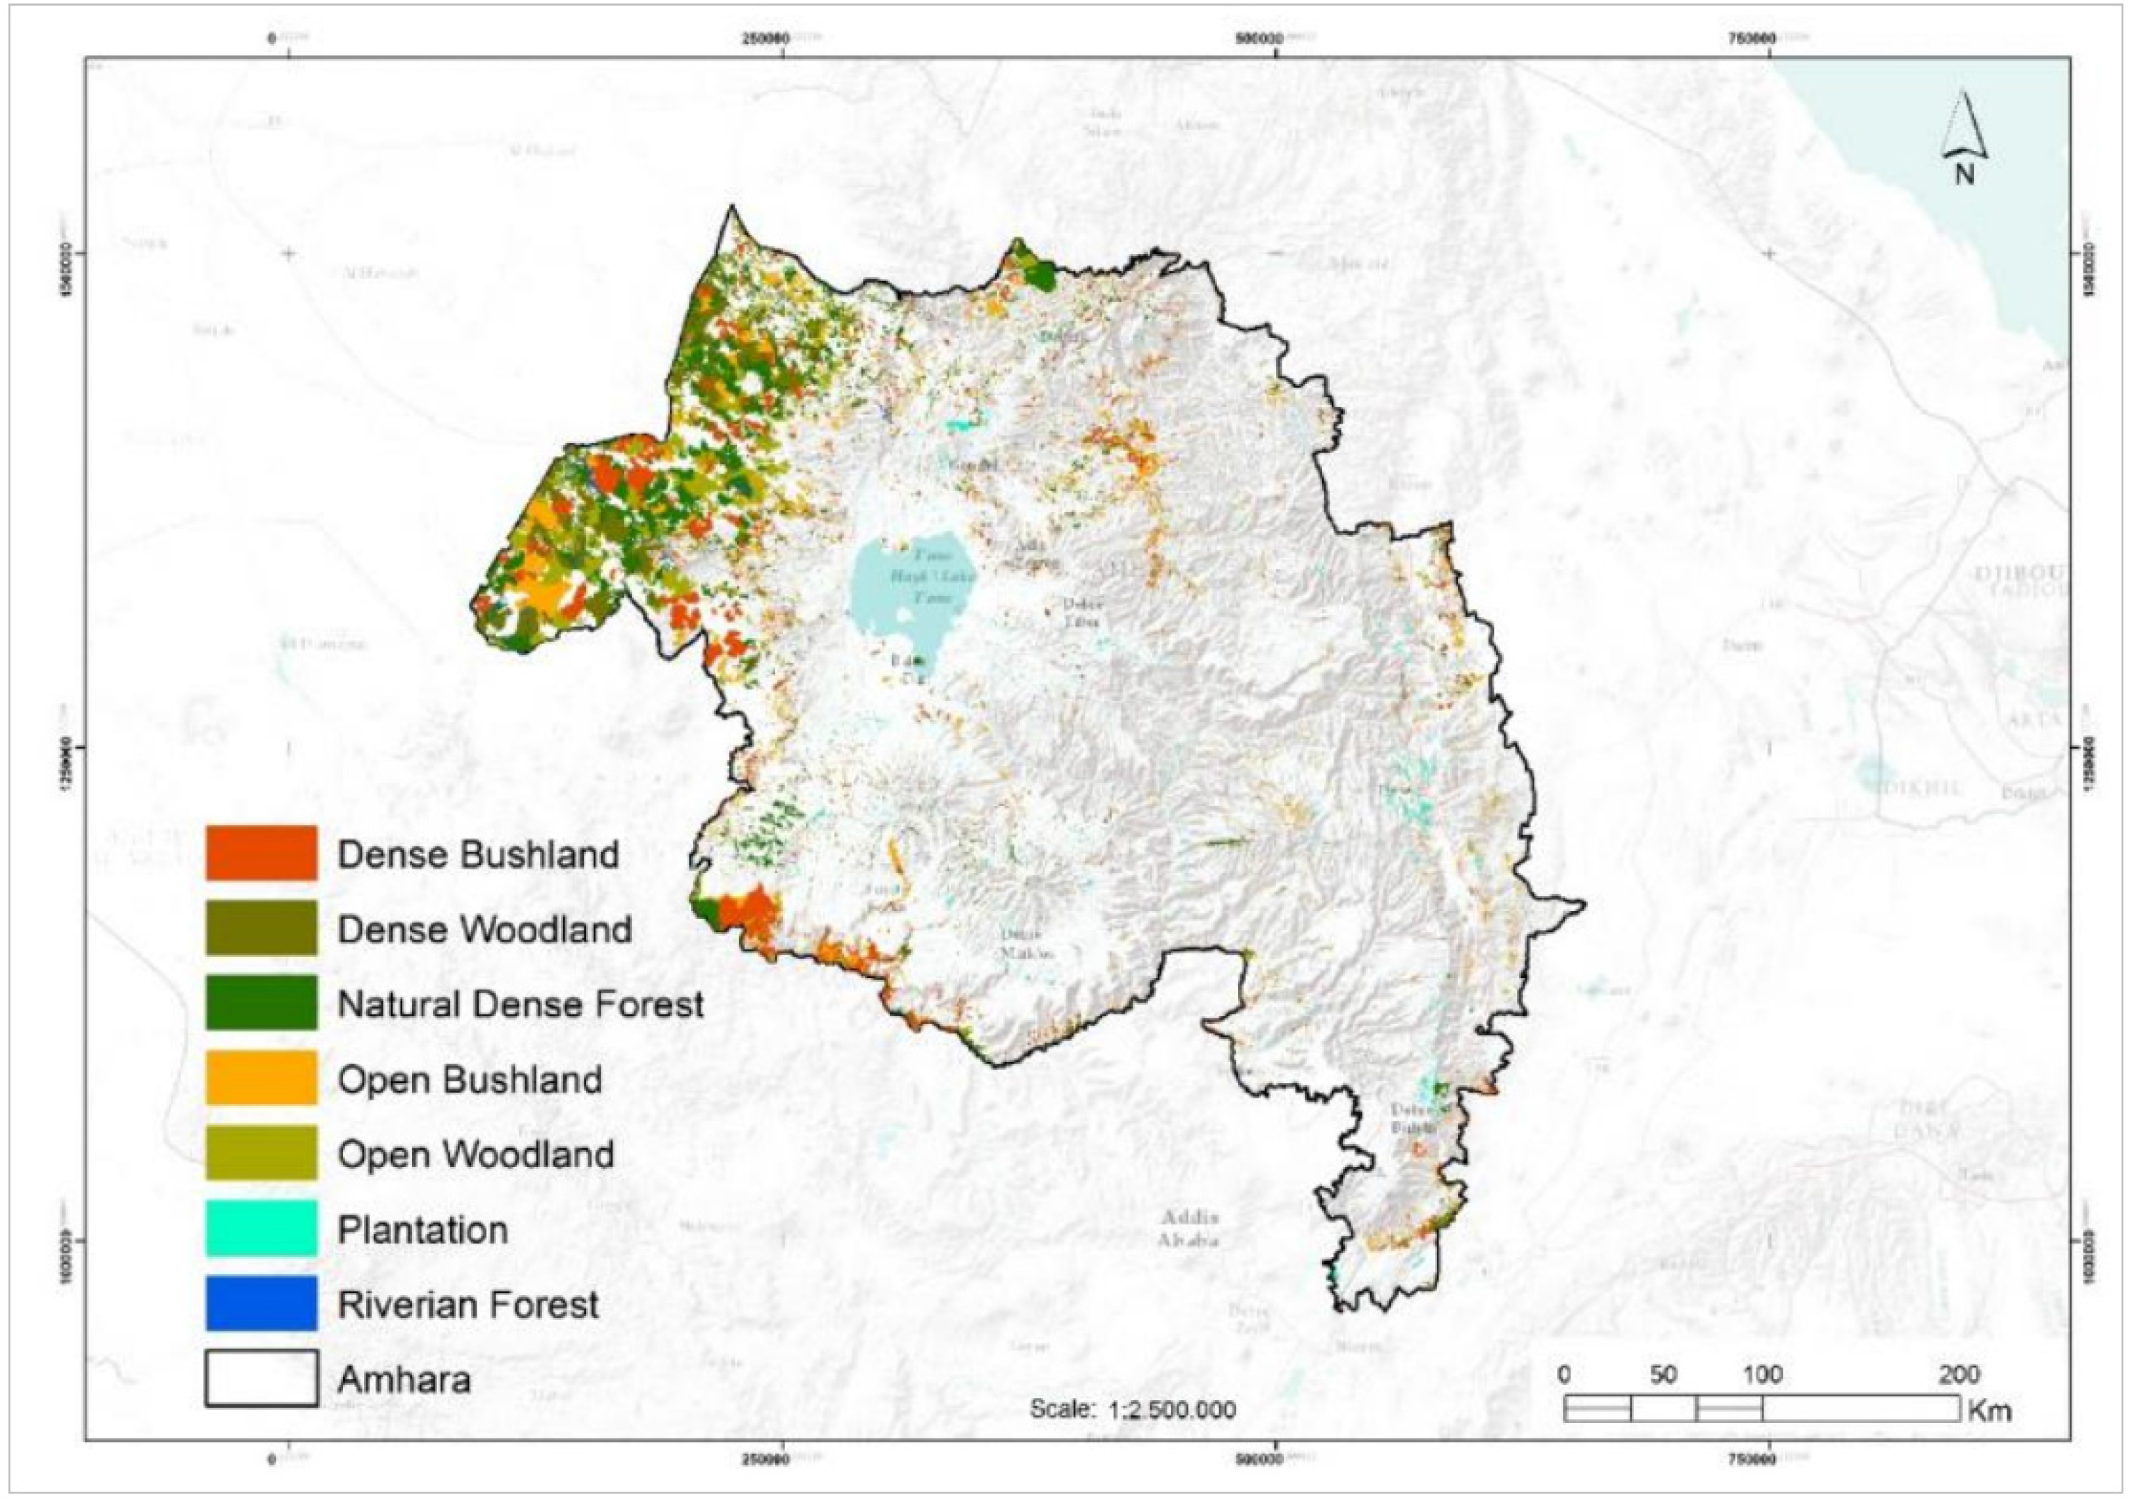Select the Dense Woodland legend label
click(484, 929)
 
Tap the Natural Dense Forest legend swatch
click(262, 1002)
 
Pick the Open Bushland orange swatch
click(262, 1077)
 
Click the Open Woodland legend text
click(475, 1154)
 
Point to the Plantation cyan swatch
click(262, 1228)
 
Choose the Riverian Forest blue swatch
click(262, 1303)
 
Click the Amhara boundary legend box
click(262, 1378)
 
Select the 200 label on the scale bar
click(1958, 1374)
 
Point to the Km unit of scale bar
click(1990, 1411)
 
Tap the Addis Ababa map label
click(1189, 1228)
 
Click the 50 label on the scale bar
click(1662, 1374)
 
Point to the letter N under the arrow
click(1964, 174)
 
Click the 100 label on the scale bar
click(1762, 1374)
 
